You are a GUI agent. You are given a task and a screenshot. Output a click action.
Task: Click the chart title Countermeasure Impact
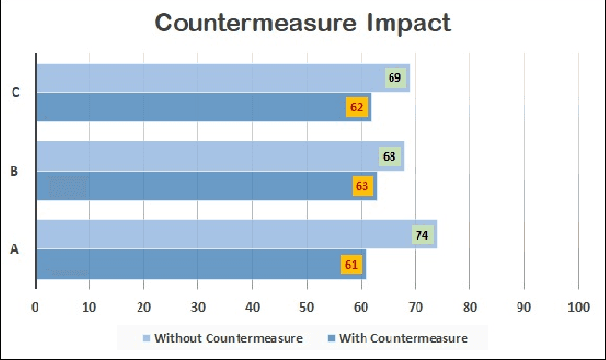tap(303, 23)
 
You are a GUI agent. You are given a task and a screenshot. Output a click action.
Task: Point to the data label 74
tap(421, 235)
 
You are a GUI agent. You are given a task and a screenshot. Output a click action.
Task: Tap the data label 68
tap(389, 156)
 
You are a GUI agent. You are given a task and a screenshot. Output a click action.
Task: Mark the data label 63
tap(363, 186)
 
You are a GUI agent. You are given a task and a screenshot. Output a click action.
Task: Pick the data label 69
tap(394, 78)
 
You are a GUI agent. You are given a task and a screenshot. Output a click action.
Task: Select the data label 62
tap(357, 107)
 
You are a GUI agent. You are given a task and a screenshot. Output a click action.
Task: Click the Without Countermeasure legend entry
tap(223, 338)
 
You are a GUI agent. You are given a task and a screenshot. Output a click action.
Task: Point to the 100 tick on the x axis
tap(579, 307)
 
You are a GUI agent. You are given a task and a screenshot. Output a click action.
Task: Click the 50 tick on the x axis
tap(307, 307)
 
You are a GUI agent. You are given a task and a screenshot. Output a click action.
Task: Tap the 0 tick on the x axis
tap(36, 307)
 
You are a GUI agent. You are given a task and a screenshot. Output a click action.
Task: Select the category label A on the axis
tap(14, 249)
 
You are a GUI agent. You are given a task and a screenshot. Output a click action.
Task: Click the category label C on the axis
tap(14, 92)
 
